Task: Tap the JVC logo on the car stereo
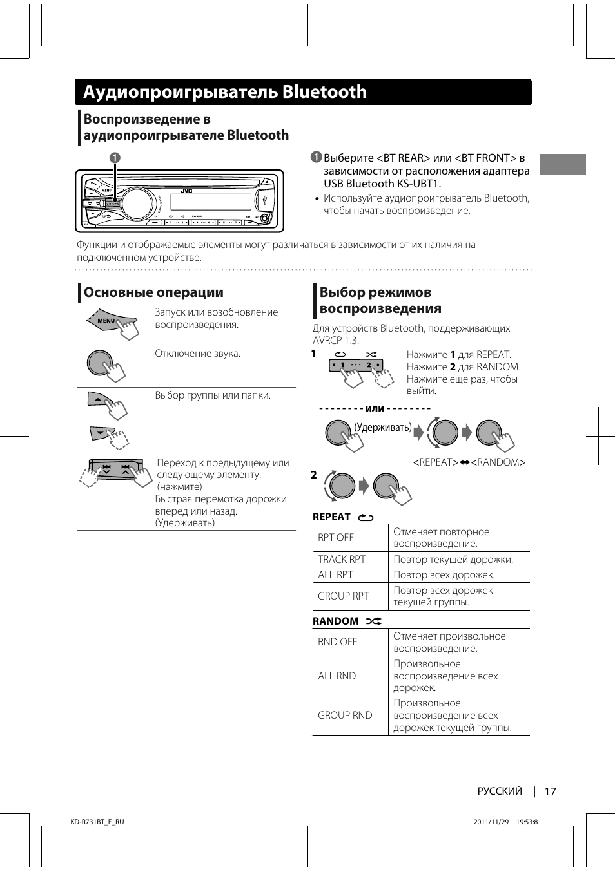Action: [186, 191]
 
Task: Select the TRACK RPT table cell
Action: [342, 560]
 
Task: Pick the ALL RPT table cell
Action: [335, 575]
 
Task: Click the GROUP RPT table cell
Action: [343, 596]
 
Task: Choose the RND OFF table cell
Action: [337, 642]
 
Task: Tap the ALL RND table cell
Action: [337, 676]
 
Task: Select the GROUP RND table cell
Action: [345, 716]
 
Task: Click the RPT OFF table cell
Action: [336, 538]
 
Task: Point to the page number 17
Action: [550, 791]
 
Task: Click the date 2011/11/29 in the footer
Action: [491, 822]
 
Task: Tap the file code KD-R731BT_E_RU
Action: [97, 822]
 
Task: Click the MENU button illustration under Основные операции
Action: [108, 321]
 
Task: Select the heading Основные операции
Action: [153, 292]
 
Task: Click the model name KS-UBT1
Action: [415, 184]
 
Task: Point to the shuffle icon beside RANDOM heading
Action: [374, 621]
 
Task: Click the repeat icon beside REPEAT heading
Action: [366, 517]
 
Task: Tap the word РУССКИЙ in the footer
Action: [500, 791]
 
